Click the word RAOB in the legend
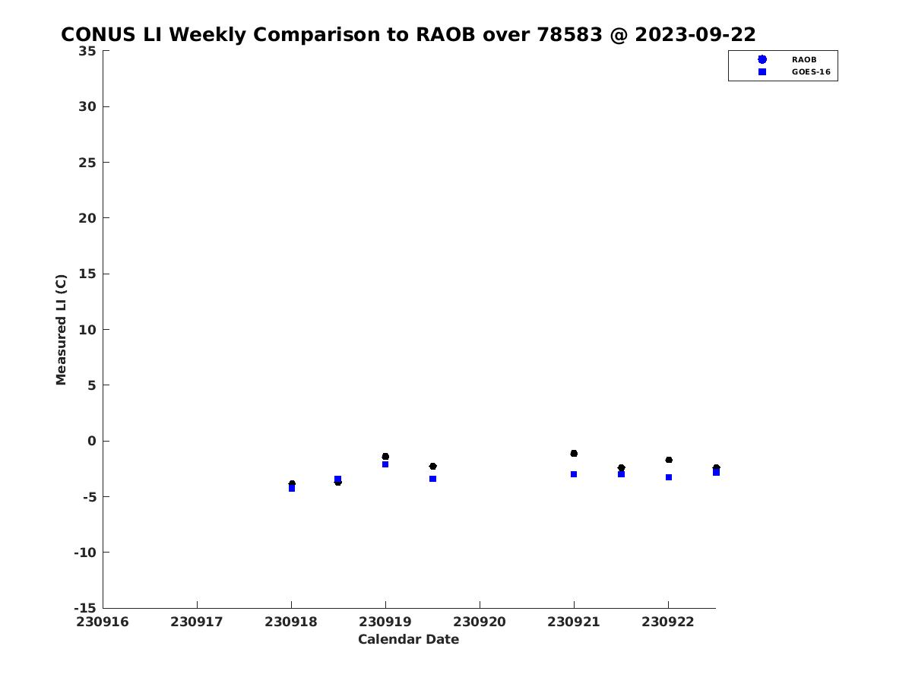point(803,59)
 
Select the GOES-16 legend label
point(811,72)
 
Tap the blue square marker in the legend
point(762,72)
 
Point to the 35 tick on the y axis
point(87,51)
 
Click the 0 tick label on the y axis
point(91,441)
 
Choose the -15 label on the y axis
point(85,608)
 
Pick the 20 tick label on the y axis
point(87,218)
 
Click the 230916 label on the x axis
point(102,622)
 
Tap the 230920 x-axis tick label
point(479,622)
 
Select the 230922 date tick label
point(668,622)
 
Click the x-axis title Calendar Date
point(408,639)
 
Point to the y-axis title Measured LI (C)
point(61,330)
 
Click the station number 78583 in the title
point(569,34)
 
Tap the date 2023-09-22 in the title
point(695,34)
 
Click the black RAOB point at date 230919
point(385,457)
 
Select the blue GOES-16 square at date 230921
point(574,474)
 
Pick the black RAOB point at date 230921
point(574,454)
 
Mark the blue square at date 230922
point(669,477)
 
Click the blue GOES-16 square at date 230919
point(385,464)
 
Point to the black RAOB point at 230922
point(669,460)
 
